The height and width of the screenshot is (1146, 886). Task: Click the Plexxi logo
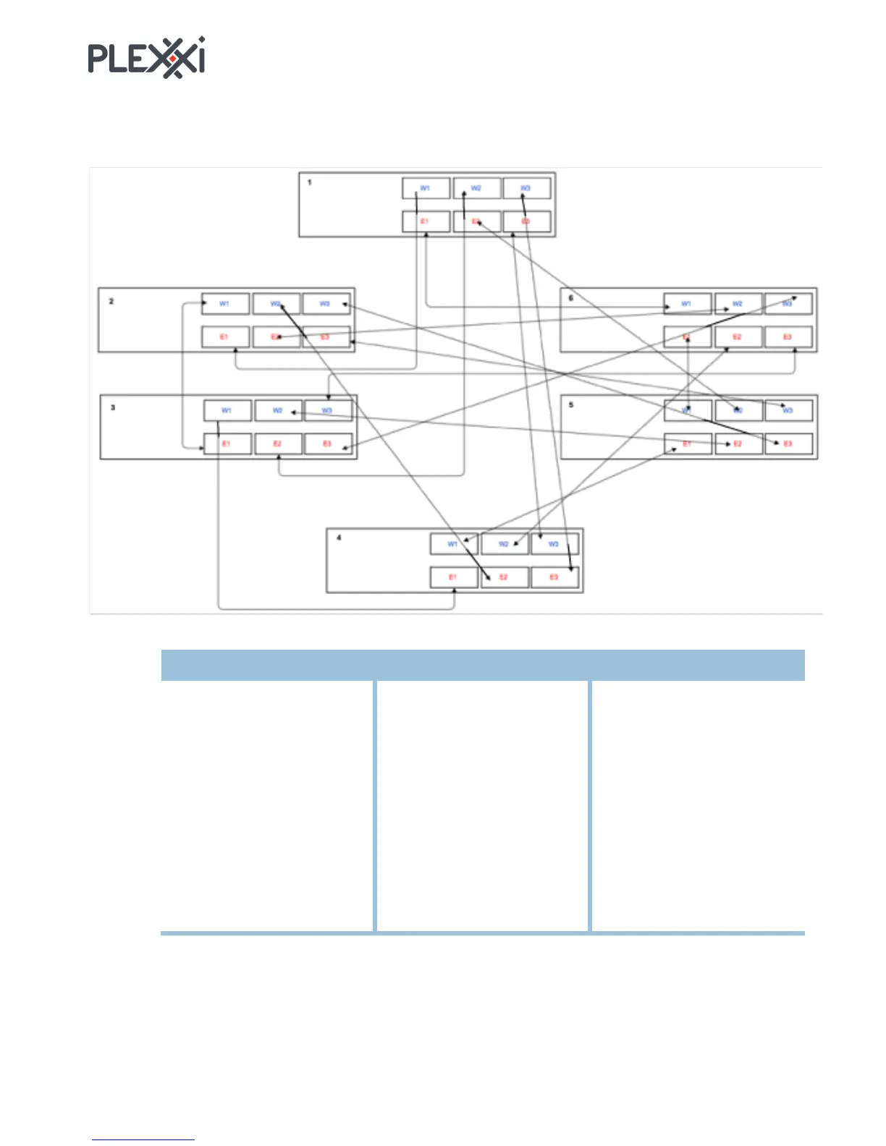point(146,58)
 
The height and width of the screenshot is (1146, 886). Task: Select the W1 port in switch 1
point(426,188)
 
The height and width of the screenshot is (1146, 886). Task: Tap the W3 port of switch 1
point(526,188)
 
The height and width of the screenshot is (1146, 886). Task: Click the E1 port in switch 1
point(426,221)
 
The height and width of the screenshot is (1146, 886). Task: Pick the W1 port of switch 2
point(225,304)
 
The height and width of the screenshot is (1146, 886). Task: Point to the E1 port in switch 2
point(225,337)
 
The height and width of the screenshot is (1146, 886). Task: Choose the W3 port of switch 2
point(326,304)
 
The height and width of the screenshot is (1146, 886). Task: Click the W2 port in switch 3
point(278,410)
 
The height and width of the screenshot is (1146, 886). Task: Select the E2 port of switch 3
point(278,443)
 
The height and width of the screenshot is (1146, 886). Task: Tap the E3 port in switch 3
point(328,443)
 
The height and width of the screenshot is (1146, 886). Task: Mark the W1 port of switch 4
point(453,544)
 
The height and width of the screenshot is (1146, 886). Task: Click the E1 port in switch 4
point(453,577)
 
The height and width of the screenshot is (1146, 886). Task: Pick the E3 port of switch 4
point(554,577)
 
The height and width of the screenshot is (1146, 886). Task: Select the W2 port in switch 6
point(738,304)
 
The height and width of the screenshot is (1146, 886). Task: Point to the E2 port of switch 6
point(738,337)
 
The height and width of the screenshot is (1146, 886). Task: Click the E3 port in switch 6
point(788,337)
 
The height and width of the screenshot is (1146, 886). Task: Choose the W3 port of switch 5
point(788,410)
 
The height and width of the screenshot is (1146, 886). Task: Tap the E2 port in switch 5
point(738,443)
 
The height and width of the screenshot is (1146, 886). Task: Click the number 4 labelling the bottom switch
point(339,538)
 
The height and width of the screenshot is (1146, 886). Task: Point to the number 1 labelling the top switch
point(310,182)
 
